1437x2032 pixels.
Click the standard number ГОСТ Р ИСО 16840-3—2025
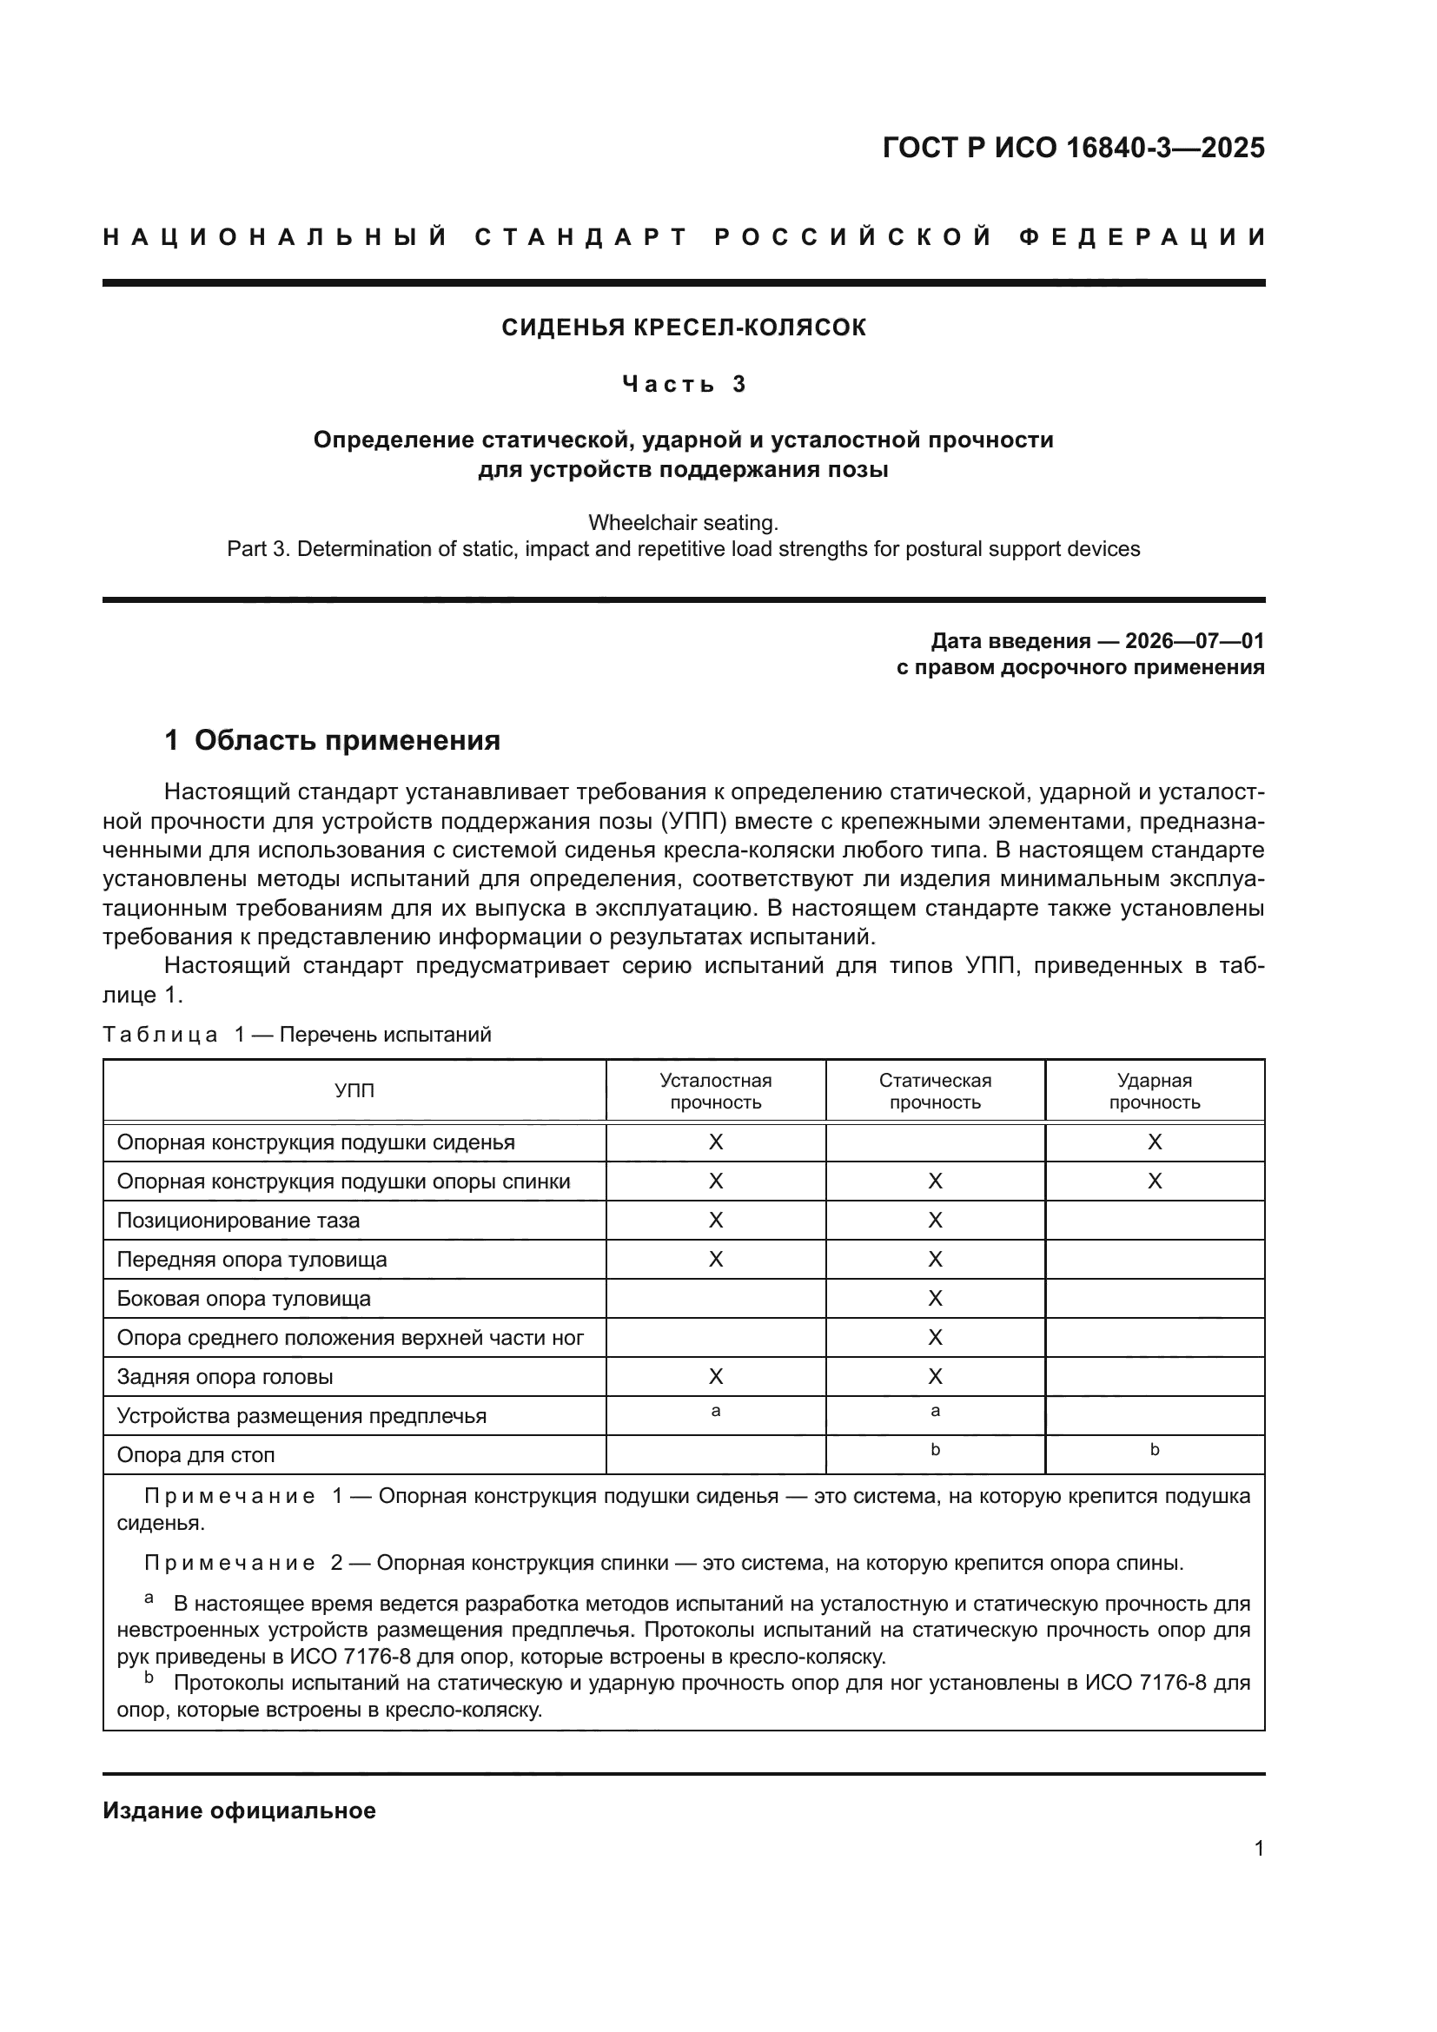(x=1072, y=148)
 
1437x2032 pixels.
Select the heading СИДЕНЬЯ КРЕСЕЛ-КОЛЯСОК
(x=683, y=328)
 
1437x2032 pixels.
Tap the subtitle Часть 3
(x=683, y=384)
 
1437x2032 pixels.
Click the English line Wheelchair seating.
(x=683, y=522)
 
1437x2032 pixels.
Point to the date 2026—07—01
(x=1194, y=641)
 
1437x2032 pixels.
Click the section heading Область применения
(x=347, y=740)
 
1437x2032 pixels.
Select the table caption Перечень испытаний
(x=385, y=1035)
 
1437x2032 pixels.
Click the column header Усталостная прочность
(x=715, y=1091)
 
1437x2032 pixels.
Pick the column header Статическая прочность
(x=935, y=1091)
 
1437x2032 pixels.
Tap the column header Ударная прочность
(x=1154, y=1091)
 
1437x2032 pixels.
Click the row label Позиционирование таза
(x=238, y=1221)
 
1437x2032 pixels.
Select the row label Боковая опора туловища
(x=243, y=1298)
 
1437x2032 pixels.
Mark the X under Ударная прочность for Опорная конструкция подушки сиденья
(x=1154, y=1142)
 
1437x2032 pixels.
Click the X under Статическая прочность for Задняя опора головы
(x=935, y=1376)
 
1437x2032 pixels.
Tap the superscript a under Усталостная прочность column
(x=715, y=1412)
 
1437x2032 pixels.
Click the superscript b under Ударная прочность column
(x=1154, y=1450)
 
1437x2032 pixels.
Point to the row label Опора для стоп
(x=195, y=1454)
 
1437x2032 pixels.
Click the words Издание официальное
(x=239, y=1810)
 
